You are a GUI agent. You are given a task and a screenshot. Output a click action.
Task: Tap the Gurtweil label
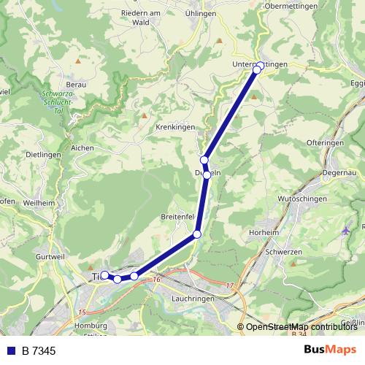(x=50, y=258)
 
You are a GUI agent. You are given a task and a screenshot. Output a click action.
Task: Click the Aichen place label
(x=82, y=147)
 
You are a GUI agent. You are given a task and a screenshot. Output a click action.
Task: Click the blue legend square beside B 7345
(x=9, y=351)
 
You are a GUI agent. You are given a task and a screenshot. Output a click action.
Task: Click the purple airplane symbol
(x=346, y=231)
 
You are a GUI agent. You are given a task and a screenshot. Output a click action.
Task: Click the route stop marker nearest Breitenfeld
(x=197, y=234)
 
